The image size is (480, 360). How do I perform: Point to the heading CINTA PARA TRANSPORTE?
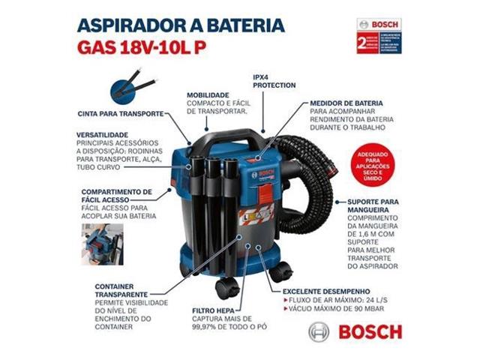pos(121,114)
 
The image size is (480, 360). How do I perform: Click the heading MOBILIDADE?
pos(214,95)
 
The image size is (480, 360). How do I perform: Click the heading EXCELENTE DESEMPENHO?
pos(326,291)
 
